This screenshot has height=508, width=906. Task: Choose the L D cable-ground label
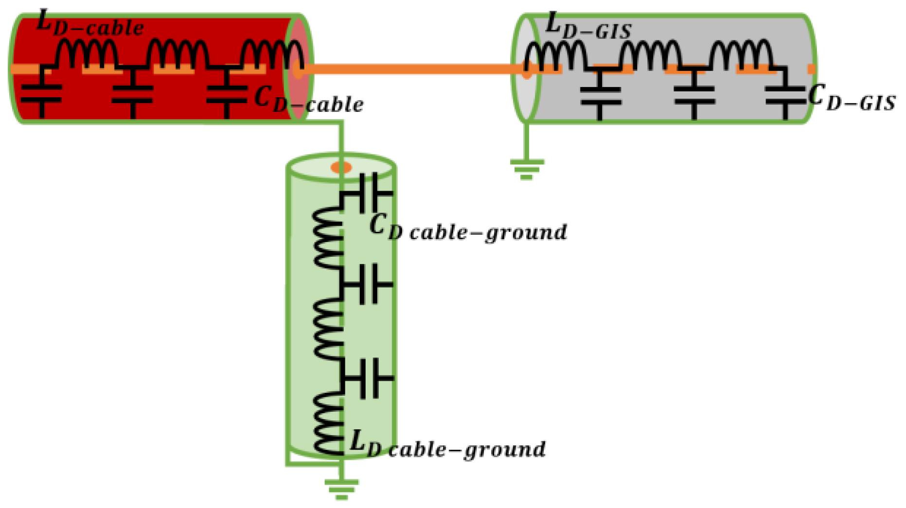click(x=447, y=445)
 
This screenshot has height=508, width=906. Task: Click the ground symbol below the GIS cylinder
click(x=527, y=168)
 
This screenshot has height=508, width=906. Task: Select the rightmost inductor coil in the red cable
click(x=272, y=53)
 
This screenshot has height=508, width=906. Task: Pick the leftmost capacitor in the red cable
click(x=42, y=93)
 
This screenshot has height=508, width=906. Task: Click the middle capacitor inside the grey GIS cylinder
click(x=694, y=95)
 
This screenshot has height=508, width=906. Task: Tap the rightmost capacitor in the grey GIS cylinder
click(x=785, y=95)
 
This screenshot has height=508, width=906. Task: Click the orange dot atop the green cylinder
click(x=341, y=168)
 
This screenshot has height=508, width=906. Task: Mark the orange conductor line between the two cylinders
click(x=413, y=69)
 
